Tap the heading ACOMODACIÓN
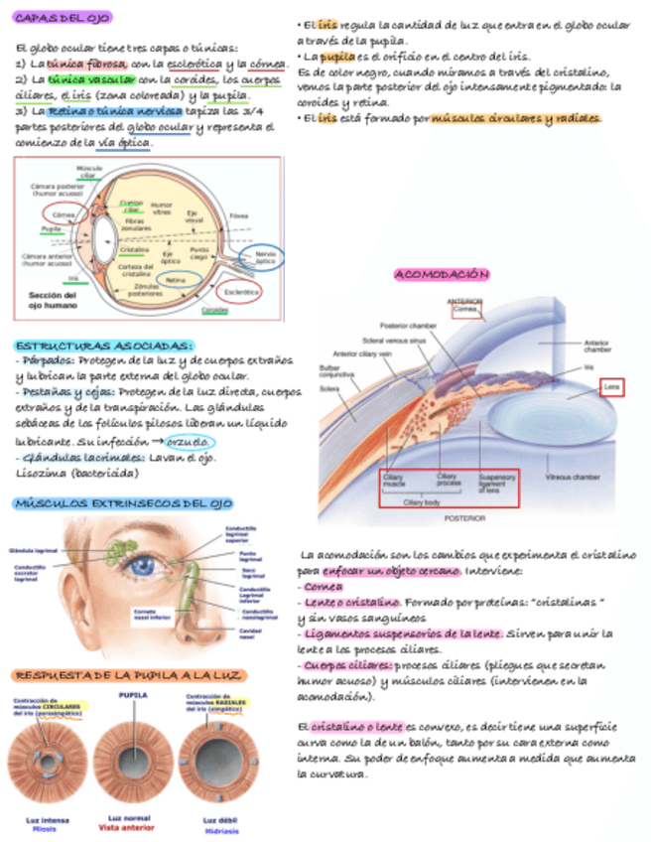pyautogui.click(x=442, y=273)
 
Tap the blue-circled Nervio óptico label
pyautogui.click(x=265, y=258)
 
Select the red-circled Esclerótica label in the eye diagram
pyautogui.click(x=240, y=292)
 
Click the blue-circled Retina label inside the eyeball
pyautogui.click(x=176, y=280)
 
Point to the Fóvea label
pyautogui.click(x=239, y=214)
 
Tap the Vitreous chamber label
pyautogui.click(x=573, y=477)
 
